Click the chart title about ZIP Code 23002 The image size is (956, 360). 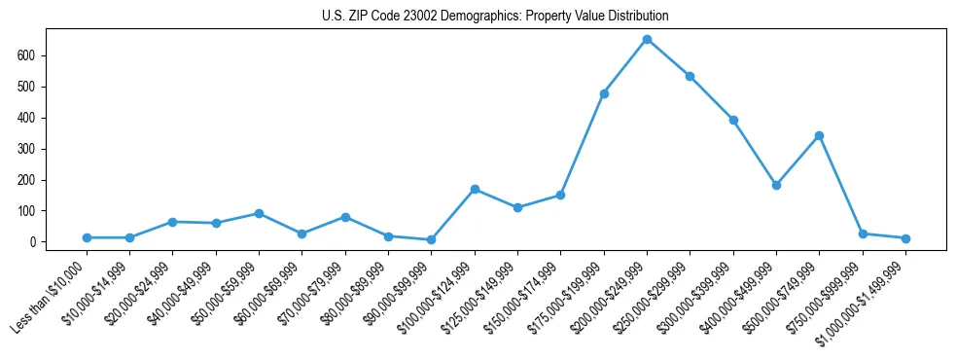(495, 17)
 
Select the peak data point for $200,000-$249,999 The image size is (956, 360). (647, 40)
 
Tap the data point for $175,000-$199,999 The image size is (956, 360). (604, 93)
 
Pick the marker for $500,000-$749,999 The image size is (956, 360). (819, 135)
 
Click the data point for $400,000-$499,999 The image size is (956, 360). (776, 185)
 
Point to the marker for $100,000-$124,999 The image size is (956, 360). (475, 189)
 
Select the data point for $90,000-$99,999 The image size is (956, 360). (431, 239)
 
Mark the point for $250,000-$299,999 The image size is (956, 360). (690, 76)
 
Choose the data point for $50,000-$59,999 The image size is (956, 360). (259, 213)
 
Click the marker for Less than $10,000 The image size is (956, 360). (87, 237)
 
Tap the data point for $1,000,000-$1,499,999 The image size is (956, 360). (905, 238)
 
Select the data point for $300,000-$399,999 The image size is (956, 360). (733, 120)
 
